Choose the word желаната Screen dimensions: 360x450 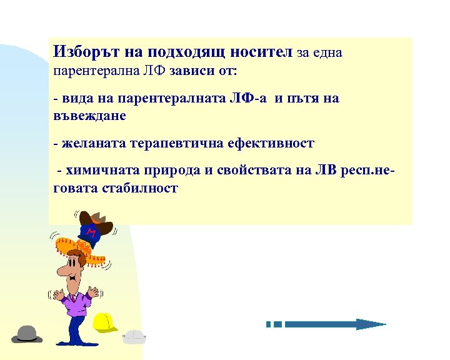point(93,144)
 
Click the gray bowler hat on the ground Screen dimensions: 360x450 point(26,334)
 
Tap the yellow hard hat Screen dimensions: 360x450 point(105,321)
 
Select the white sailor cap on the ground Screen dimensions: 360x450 point(134,336)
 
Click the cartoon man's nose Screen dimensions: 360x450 point(63,270)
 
